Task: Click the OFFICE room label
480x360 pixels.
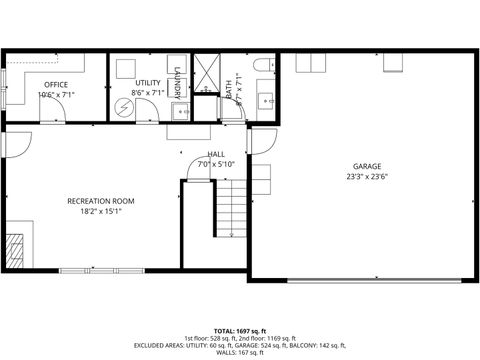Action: [56, 84]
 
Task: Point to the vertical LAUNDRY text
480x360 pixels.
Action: [176, 82]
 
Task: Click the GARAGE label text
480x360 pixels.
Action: [367, 167]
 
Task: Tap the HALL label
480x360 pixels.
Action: [216, 154]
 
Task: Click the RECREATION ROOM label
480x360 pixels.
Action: [100, 201]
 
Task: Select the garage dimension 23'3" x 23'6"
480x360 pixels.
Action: [367, 177]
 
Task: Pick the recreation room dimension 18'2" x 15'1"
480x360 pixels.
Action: [100, 211]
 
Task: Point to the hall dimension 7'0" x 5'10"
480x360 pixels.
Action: [216, 164]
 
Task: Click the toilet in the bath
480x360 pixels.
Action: [263, 66]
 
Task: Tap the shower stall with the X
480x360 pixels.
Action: [206, 70]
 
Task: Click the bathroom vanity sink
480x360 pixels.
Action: [266, 100]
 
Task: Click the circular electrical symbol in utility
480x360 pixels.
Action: [123, 105]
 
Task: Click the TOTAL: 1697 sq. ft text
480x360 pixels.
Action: [240, 330]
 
